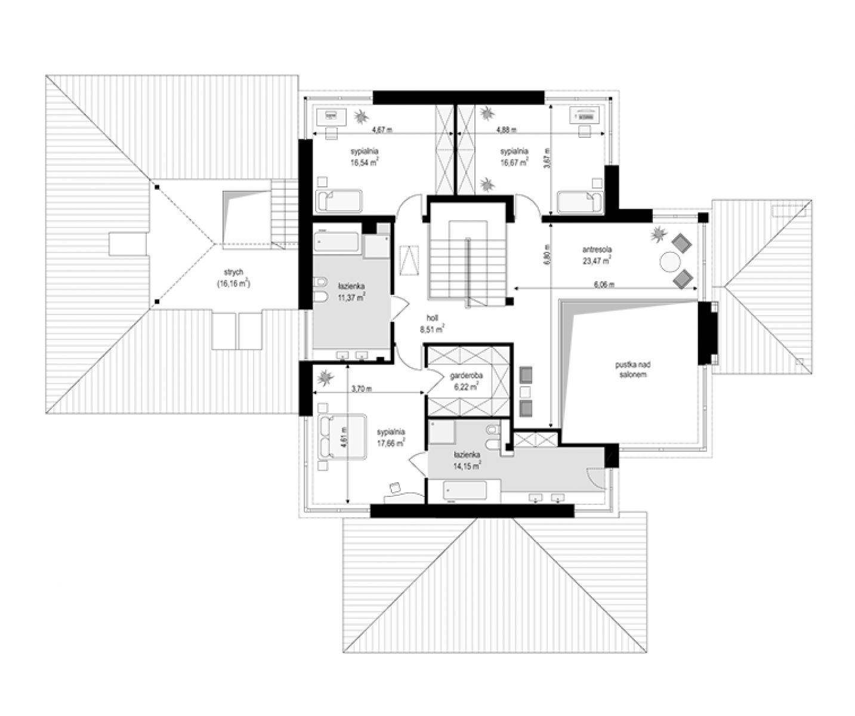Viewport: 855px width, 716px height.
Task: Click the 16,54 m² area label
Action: (364, 162)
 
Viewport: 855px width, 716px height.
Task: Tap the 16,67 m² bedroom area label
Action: (514, 162)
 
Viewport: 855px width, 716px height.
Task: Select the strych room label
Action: (234, 271)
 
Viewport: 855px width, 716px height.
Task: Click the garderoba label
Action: (466, 375)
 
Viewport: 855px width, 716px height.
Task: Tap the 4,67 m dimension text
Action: (382, 130)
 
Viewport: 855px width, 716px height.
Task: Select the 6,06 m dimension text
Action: (604, 285)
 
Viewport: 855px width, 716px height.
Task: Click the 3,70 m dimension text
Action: (362, 388)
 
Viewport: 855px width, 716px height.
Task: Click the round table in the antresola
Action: (669, 261)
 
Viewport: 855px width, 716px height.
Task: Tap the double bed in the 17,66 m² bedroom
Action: (342, 437)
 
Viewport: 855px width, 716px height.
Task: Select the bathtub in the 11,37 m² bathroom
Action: (336, 242)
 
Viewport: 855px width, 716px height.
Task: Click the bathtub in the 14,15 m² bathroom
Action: (465, 490)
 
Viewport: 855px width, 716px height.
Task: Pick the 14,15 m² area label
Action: (467, 465)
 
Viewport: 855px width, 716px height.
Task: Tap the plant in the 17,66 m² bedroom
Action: (326, 377)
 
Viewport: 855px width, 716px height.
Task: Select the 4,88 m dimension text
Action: (506, 130)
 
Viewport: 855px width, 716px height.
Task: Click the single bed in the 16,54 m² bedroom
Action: (339, 200)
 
